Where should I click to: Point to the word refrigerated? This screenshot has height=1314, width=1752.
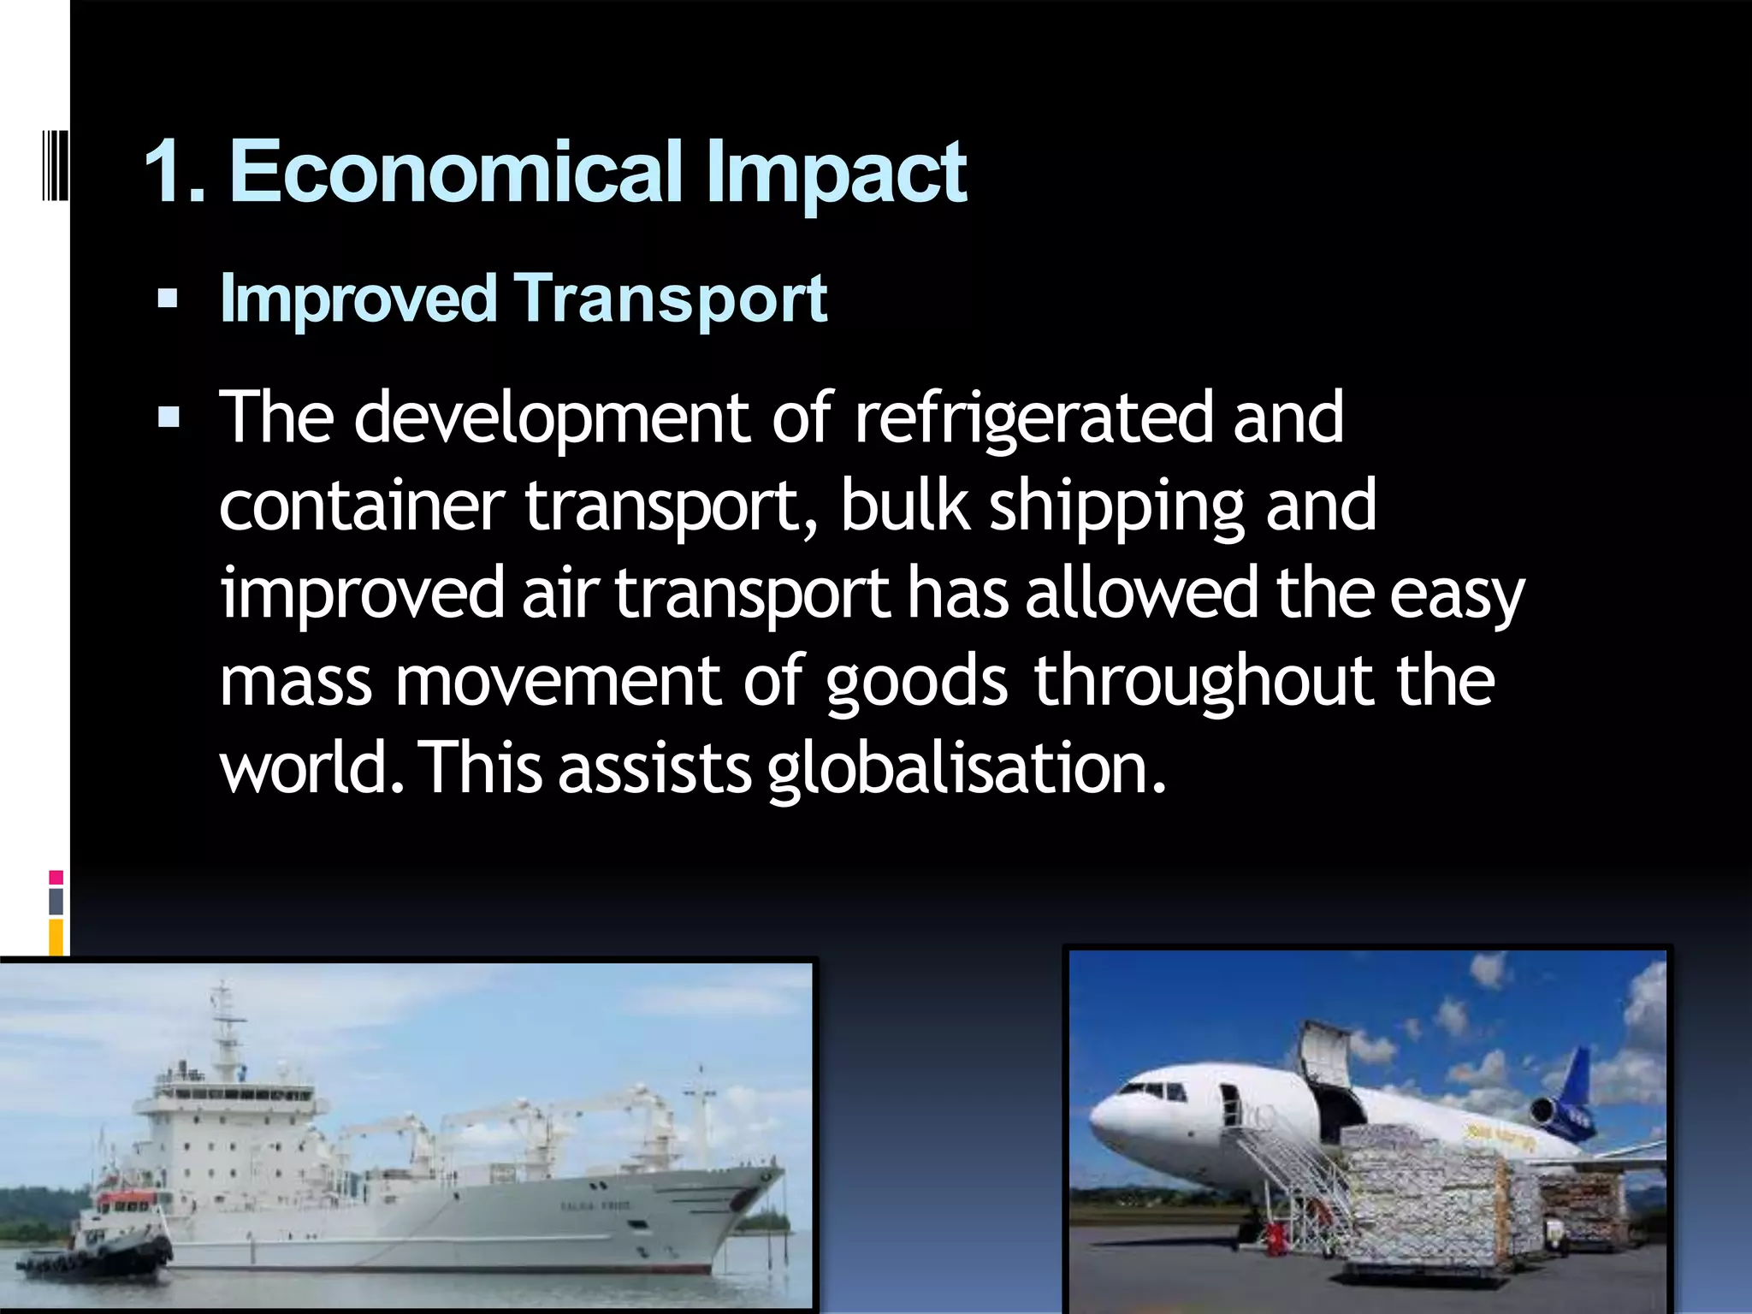1034,419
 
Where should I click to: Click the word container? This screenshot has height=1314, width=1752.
361,506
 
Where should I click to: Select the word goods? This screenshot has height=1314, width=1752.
916,681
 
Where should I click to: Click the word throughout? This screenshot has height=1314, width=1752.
1203,681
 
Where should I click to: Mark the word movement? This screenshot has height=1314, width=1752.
559,681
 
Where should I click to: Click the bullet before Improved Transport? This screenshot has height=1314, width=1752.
168,299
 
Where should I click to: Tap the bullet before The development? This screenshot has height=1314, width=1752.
168,417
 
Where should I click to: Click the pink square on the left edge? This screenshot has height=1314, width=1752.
56,878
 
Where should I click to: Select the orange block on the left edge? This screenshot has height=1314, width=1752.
56,937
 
